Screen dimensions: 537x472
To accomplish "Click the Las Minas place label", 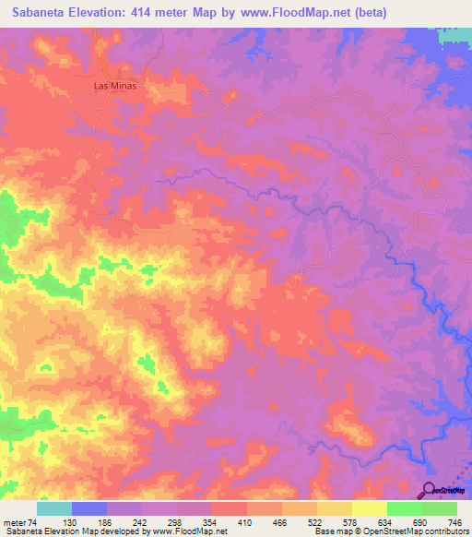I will pos(113,86).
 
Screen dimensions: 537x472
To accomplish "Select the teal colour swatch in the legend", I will pos(53,508).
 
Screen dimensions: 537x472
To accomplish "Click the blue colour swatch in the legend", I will pos(88,508).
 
